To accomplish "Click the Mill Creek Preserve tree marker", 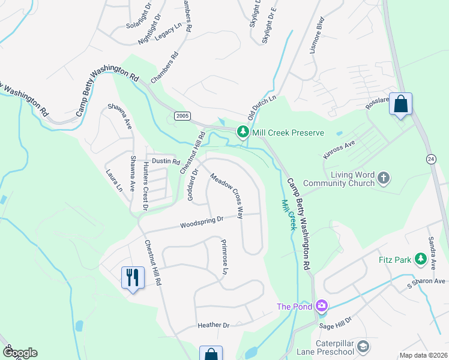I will pos(243,131).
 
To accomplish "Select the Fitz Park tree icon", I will pos(421,259).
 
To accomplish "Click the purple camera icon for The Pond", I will pos(322,307).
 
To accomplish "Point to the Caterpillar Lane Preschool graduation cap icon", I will pos(363,346).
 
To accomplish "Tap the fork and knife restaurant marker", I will pos(133,278).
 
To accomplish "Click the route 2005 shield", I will pos(183,115).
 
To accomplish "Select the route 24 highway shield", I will pos(431,159).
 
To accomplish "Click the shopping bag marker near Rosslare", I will pos(400,104).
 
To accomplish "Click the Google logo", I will pos(20,353).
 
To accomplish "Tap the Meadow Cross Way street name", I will pos(226,196).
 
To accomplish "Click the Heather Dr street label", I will pos(214,325).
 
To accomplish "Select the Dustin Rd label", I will pos(166,161).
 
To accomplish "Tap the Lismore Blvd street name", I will pos(316,40).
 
